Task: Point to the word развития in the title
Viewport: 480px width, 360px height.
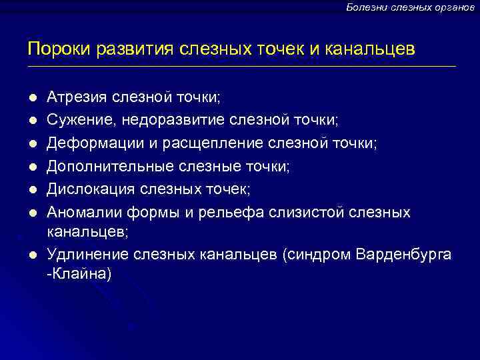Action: [129, 49]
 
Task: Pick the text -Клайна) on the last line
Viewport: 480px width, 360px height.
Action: [78, 273]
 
